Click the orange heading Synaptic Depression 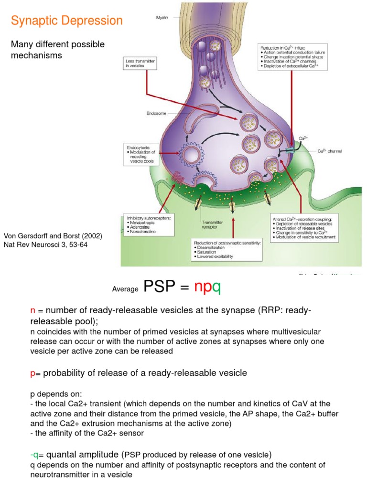coord(67,21)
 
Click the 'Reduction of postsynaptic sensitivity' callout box coord(226,250)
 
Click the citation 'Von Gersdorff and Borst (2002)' coord(53,236)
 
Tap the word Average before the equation coord(125,289)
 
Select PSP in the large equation coord(161,287)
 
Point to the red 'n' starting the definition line coord(33,311)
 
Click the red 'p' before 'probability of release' coord(32,373)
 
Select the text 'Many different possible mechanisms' coord(58,50)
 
